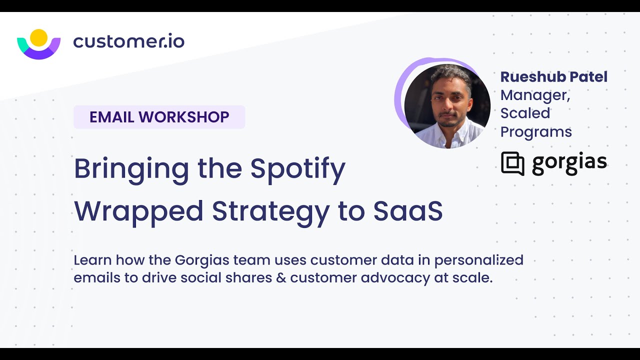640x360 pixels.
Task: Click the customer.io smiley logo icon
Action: pos(38,45)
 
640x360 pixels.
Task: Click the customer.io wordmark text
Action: pos(128,41)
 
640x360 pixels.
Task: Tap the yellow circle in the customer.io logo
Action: pos(38,37)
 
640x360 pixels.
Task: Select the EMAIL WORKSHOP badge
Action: pos(159,117)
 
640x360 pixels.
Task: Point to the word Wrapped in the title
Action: pos(138,211)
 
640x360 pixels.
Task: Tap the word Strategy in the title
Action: pos(270,211)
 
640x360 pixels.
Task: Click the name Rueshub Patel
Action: pos(553,77)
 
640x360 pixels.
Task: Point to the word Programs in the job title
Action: pos(536,131)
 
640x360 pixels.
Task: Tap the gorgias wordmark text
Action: pos(569,163)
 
